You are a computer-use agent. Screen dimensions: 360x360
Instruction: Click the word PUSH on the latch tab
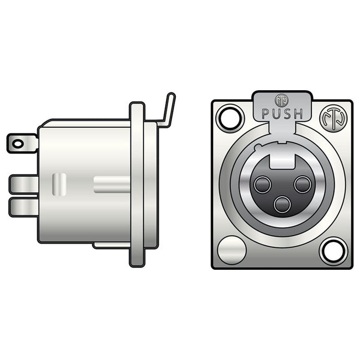pyautogui.click(x=282, y=113)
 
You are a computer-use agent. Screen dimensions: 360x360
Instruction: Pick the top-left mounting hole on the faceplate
pyautogui.click(x=230, y=117)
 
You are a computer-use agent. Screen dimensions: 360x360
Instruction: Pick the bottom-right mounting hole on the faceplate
pyautogui.click(x=333, y=250)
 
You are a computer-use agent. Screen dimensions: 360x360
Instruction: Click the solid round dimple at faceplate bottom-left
pyautogui.click(x=231, y=250)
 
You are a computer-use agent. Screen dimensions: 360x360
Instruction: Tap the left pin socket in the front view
pyautogui.click(x=262, y=185)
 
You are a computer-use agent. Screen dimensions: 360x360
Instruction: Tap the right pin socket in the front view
pyautogui.click(x=302, y=184)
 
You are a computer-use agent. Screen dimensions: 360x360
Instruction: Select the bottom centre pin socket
pyautogui.click(x=282, y=204)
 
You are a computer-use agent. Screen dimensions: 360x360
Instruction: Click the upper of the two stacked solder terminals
pyautogui.click(x=23, y=184)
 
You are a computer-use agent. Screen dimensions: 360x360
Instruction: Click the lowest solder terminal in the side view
pyautogui.click(x=23, y=207)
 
